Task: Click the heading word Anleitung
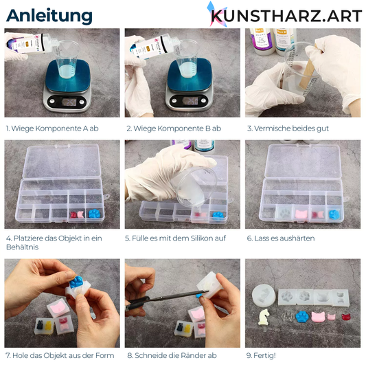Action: pos(49,16)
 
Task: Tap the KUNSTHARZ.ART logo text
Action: pos(286,16)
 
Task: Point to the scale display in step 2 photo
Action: pos(190,101)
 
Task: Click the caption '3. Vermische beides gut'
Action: pos(288,128)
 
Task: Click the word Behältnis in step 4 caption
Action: pos(22,247)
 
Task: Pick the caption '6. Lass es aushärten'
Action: pos(281,238)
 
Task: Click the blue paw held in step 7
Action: pos(76,282)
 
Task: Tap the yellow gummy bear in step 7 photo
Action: pos(48,326)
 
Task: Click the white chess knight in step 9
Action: pos(264,317)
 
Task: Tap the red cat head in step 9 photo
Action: pos(347,316)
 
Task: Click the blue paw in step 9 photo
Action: pos(303,317)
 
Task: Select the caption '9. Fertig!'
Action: pos(261,355)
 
